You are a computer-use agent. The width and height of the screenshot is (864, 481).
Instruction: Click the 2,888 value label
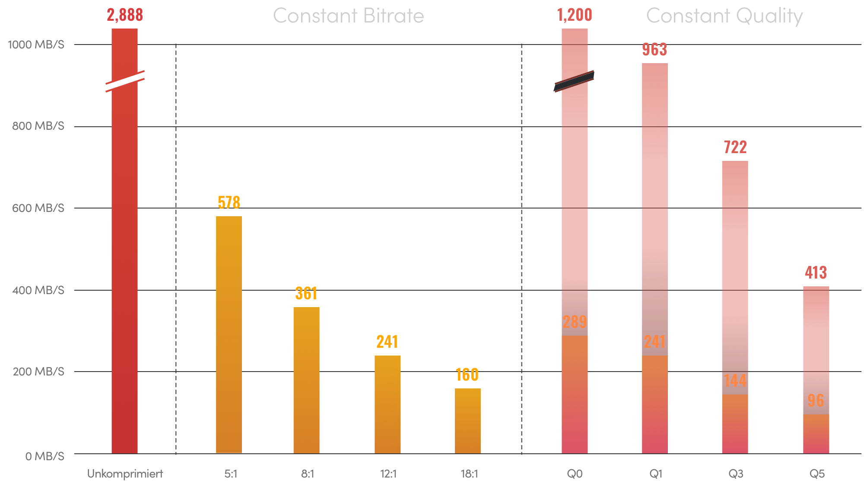[x=125, y=15]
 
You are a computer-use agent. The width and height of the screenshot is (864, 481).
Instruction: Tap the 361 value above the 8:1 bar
[x=306, y=294]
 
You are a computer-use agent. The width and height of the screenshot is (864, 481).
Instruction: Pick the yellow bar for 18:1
[x=467, y=420]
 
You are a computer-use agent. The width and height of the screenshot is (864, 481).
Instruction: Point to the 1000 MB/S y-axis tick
[x=36, y=45]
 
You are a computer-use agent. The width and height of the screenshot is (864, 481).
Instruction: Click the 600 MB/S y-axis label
[x=38, y=208]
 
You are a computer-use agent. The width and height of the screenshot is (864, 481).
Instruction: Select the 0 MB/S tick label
[x=44, y=456]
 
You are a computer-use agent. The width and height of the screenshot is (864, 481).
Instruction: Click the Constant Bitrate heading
[x=348, y=16]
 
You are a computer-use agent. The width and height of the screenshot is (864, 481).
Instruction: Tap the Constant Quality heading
[x=724, y=16]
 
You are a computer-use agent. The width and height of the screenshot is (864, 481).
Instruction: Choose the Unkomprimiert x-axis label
[x=125, y=474]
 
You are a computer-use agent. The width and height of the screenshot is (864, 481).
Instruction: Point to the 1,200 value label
[x=575, y=15]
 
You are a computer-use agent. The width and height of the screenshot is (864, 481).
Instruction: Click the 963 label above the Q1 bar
[x=654, y=50]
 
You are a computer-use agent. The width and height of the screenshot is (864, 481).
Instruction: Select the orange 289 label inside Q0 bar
[x=575, y=322]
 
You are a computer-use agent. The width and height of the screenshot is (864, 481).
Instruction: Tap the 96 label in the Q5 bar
[x=816, y=401]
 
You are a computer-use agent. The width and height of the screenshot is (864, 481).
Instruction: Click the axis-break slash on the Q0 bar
[x=574, y=81]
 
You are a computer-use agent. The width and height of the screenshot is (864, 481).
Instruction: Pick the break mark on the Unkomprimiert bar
[x=125, y=81]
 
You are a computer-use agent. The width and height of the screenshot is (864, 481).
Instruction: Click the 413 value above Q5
[x=816, y=273]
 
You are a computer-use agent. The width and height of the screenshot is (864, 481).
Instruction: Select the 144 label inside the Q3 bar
[x=735, y=381]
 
